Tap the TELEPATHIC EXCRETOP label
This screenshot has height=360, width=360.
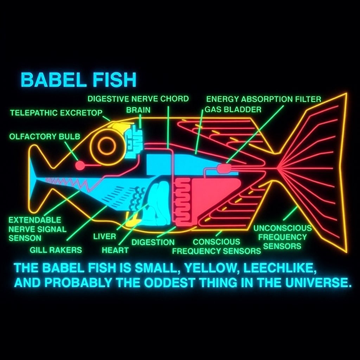(x=56, y=113)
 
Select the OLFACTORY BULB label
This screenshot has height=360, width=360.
(x=45, y=136)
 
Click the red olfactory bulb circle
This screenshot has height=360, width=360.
(x=80, y=165)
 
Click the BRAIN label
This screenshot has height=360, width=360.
(x=138, y=110)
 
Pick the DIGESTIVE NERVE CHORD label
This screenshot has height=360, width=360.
(x=138, y=99)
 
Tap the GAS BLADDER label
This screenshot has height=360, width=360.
(x=233, y=110)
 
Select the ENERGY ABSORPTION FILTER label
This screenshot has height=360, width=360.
(x=264, y=99)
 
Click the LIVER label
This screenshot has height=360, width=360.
(x=104, y=236)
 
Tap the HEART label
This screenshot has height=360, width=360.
(x=115, y=250)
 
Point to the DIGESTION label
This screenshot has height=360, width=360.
(x=153, y=242)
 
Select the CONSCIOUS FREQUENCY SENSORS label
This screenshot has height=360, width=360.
(x=217, y=246)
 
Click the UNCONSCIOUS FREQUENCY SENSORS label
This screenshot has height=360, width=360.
(x=282, y=237)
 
